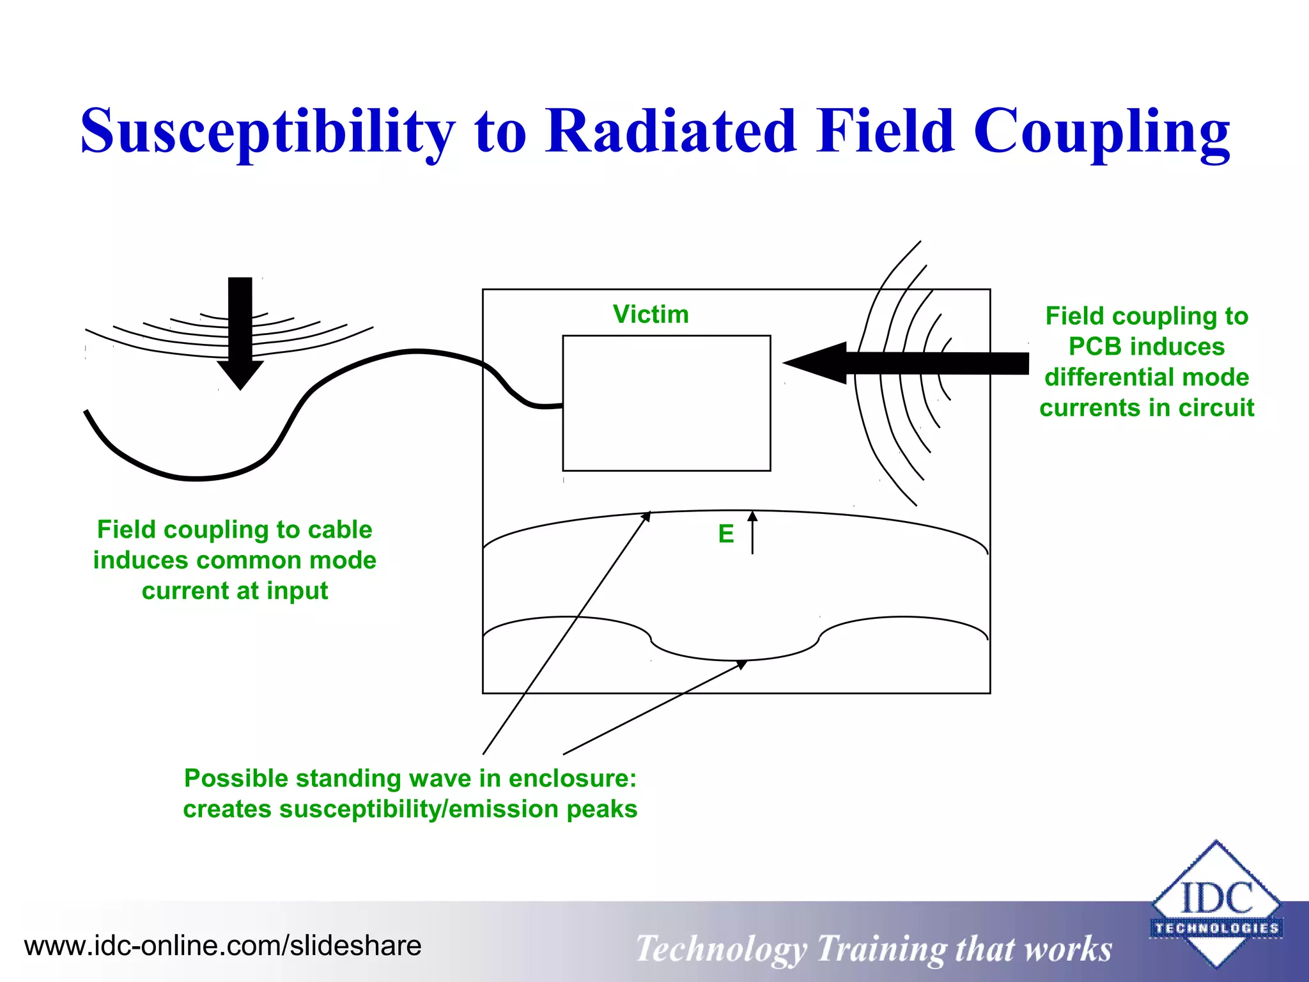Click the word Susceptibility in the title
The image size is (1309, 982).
click(x=267, y=132)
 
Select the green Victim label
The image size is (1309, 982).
click(x=651, y=315)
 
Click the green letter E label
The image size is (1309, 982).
click(x=725, y=534)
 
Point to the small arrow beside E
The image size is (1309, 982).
click(x=752, y=532)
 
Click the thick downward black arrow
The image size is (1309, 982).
click(x=240, y=332)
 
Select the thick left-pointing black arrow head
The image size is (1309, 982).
click(x=815, y=362)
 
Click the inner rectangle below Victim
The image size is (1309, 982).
click(x=666, y=403)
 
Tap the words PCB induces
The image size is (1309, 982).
click(x=1147, y=347)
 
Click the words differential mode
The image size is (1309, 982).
click(x=1147, y=377)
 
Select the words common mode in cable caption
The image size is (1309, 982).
click(x=286, y=560)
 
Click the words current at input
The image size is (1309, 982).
click(x=235, y=591)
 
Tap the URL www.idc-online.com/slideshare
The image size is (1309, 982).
click(x=222, y=946)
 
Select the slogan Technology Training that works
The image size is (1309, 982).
click(x=873, y=949)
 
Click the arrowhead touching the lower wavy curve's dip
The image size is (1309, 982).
click(x=741, y=664)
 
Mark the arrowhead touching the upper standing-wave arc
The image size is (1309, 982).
click(x=646, y=516)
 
